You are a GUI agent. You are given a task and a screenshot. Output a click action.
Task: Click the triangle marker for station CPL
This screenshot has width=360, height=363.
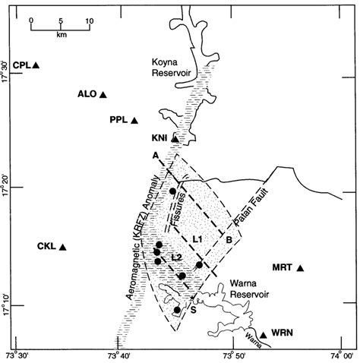[x=36, y=66]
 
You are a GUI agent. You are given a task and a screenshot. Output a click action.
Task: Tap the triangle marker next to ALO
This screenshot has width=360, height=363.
[x=103, y=95]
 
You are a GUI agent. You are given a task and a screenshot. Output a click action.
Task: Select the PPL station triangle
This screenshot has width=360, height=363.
[x=134, y=121]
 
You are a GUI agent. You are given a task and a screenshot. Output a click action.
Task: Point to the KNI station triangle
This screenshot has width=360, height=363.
[x=175, y=138]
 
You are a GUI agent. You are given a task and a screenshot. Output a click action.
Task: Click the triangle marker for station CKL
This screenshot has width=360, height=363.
[x=63, y=248]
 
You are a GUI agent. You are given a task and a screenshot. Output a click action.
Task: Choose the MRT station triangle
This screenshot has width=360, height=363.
[x=300, y=268]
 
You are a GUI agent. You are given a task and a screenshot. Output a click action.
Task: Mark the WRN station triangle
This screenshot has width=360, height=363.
[x=263, y=335]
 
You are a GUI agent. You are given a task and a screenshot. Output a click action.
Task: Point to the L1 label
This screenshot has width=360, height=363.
[x=197, y=239]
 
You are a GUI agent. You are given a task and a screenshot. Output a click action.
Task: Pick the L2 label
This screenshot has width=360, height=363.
[x=176, y=256]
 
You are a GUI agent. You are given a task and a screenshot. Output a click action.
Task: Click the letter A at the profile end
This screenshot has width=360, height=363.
[x=155, y=155]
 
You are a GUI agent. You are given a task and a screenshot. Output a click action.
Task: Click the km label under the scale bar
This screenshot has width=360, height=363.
[x=60, y=35]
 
